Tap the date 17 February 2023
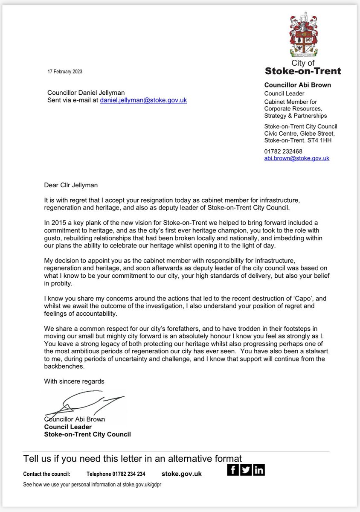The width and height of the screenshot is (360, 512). (x=65, y=72)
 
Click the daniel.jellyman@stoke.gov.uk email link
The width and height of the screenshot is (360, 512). (x=143, y=100)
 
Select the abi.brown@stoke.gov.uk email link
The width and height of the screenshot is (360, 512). (x=297, y=158)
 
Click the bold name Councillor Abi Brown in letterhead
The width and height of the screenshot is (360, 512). (x=298, y=85)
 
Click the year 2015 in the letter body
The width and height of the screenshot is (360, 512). (x=58, y=223)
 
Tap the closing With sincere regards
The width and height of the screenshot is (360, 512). (x=74, y=381)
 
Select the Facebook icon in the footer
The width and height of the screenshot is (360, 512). (x=233, y=470)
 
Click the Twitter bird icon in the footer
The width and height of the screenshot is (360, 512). (x=246, y=470)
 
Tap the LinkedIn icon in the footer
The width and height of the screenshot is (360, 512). (x=259, y=470)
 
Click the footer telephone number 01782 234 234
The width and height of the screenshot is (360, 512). (x=116, y=474)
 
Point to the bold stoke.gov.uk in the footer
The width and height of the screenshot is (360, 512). (x=182, y=474)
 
